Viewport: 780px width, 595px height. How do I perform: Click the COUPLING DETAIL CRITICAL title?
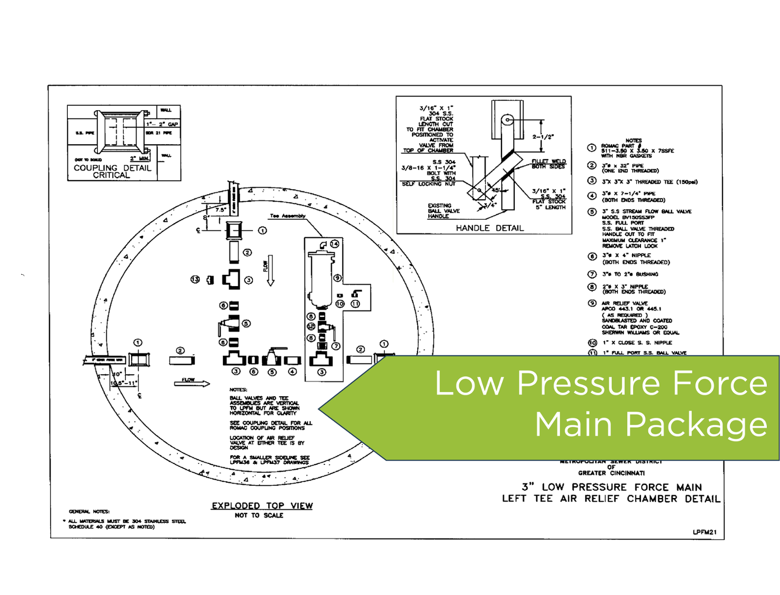[x=112, y=171]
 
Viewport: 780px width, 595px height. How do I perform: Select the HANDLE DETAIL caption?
[x=489, y=228]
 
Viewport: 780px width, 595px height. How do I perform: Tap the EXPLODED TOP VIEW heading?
[x=262, y=506]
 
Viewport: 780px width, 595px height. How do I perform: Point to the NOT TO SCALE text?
[x=259, y=516]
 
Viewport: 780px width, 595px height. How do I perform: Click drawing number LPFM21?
[x=704, y=532]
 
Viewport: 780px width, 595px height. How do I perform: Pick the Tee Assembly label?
[x=288, y=216]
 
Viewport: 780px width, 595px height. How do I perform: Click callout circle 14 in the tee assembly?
[x=334, y=244]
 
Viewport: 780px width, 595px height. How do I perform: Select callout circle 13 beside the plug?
[x=195, y=279]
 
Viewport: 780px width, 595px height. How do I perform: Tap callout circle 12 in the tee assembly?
[x=311, y=326]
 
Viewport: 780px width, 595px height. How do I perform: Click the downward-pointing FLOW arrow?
[x=271, y=271]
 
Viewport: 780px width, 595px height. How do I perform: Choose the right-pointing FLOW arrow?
[x=192, y=384]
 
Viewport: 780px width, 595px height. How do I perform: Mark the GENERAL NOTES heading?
[x=89, y=511]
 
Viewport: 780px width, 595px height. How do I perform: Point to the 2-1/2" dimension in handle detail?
[x=543, y=137]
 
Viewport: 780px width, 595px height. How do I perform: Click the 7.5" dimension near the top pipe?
[x=220, y=210]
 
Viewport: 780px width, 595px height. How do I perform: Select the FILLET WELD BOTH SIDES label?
[x=548, y=164]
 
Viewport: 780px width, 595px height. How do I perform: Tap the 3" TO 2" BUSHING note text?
[x=630, y=274]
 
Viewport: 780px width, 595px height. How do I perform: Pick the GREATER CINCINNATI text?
[x=611, y=473]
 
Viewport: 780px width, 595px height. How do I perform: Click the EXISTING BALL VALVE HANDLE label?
[x=444, y=211]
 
